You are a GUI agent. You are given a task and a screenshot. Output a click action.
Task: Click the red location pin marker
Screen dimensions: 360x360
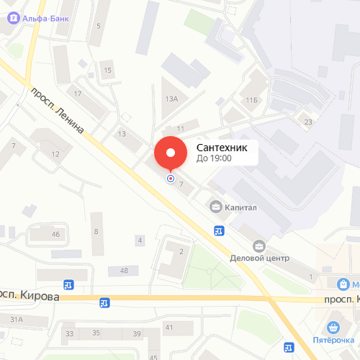[171, 153]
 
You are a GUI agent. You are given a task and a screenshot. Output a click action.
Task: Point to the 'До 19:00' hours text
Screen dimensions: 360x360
[214, 158]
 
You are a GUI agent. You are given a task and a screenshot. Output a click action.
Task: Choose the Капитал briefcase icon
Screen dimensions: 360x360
[215, 207]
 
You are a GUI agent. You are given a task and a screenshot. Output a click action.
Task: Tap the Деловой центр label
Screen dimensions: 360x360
[259, 257]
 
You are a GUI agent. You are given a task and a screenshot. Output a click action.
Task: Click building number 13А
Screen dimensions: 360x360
[171, 99]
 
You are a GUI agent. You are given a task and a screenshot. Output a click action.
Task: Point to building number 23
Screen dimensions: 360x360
[308, 122]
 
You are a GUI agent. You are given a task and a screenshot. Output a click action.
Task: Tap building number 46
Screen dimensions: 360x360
[55, 234]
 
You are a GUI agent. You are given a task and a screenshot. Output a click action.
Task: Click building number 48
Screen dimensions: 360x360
[124, 270]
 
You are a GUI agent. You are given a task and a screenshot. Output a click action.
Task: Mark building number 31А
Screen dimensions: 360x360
[17, 319]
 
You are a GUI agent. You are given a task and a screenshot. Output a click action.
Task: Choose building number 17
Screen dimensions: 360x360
[78, 94]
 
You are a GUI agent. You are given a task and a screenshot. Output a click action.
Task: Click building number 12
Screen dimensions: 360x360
[55, 153]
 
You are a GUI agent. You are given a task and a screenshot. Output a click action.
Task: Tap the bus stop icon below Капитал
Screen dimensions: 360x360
[219, 230]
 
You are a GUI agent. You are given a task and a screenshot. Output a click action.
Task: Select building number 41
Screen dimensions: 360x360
[169, 328]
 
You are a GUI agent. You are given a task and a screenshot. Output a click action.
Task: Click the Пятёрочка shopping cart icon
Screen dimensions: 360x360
[333, 325]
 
